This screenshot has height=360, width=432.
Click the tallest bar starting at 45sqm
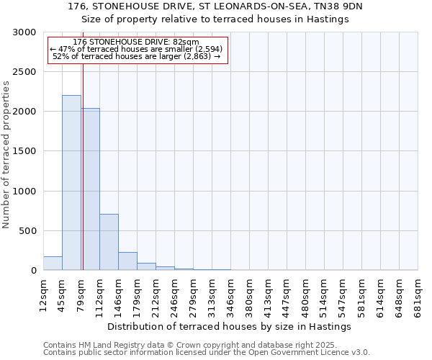[x=71, y=183]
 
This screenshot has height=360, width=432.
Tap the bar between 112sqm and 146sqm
[x=109, y=242]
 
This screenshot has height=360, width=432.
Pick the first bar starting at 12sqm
[x=53, y=264]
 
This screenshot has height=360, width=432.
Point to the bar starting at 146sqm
[x=127, y=261]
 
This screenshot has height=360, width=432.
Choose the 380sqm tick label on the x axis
[x=249, y=295]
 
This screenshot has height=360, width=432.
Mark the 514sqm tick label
[x=324, y=295]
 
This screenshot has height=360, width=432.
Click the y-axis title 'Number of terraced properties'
[x=6, y=155]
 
